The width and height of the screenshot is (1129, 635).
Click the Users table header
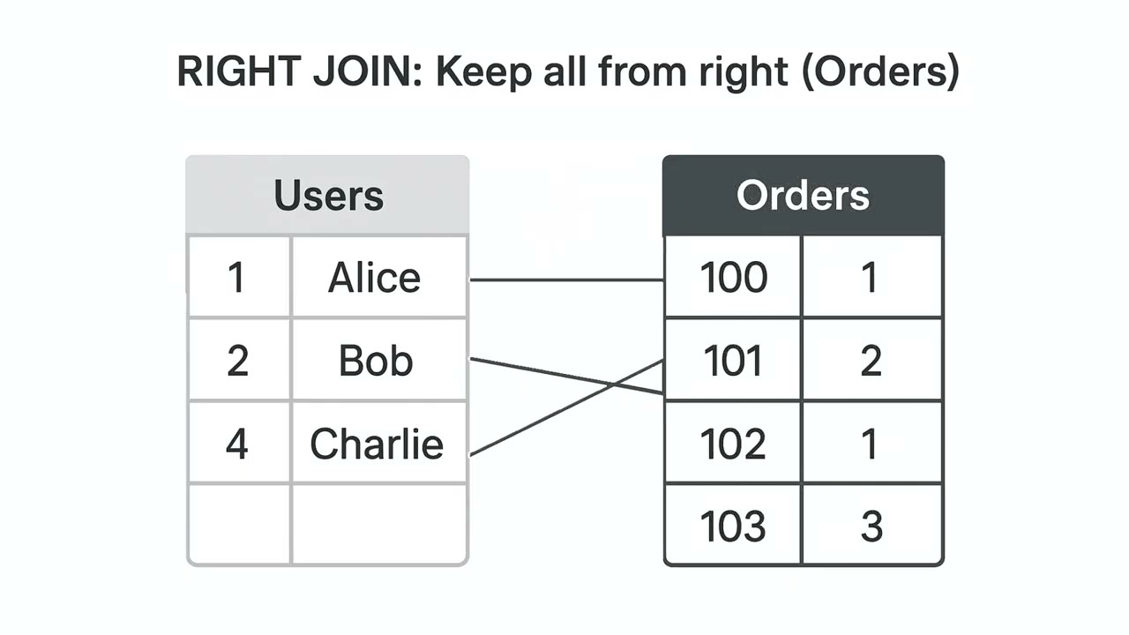coord(328,196)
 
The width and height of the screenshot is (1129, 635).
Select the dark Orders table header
coord(803,196)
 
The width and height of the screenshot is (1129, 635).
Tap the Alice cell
coord(375,278)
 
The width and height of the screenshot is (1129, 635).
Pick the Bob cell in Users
coord(375,361)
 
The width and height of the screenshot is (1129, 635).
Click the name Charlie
coord(377,444)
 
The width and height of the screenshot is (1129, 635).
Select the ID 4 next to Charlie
coord(236,444)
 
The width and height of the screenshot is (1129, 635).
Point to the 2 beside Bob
coord(236,361)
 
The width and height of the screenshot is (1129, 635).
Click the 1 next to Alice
coord(236,278)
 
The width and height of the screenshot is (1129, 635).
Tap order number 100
coord(733,278)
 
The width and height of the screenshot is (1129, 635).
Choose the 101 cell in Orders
coord(733,361)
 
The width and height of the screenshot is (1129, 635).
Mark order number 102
coord(733,444)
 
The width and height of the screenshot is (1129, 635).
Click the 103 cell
coord(733,527)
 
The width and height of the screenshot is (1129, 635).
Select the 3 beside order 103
coord(871,527)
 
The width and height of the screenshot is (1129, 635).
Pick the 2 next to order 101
coord(871,361)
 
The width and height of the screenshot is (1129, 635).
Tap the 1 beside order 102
coord(871,444)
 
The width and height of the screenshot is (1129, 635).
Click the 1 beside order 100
coord(871,278)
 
